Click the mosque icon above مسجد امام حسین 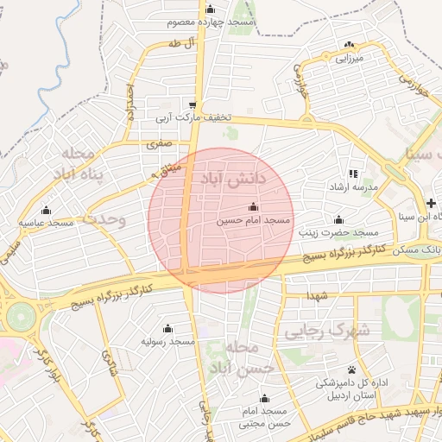[x=252, y=207]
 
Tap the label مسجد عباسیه [x=47, y=223]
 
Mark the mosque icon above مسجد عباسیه [x=46, y=210]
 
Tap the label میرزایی [x=350, y=58]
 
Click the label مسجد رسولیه [x=167, y=342]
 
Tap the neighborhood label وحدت [x=108, y=219]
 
